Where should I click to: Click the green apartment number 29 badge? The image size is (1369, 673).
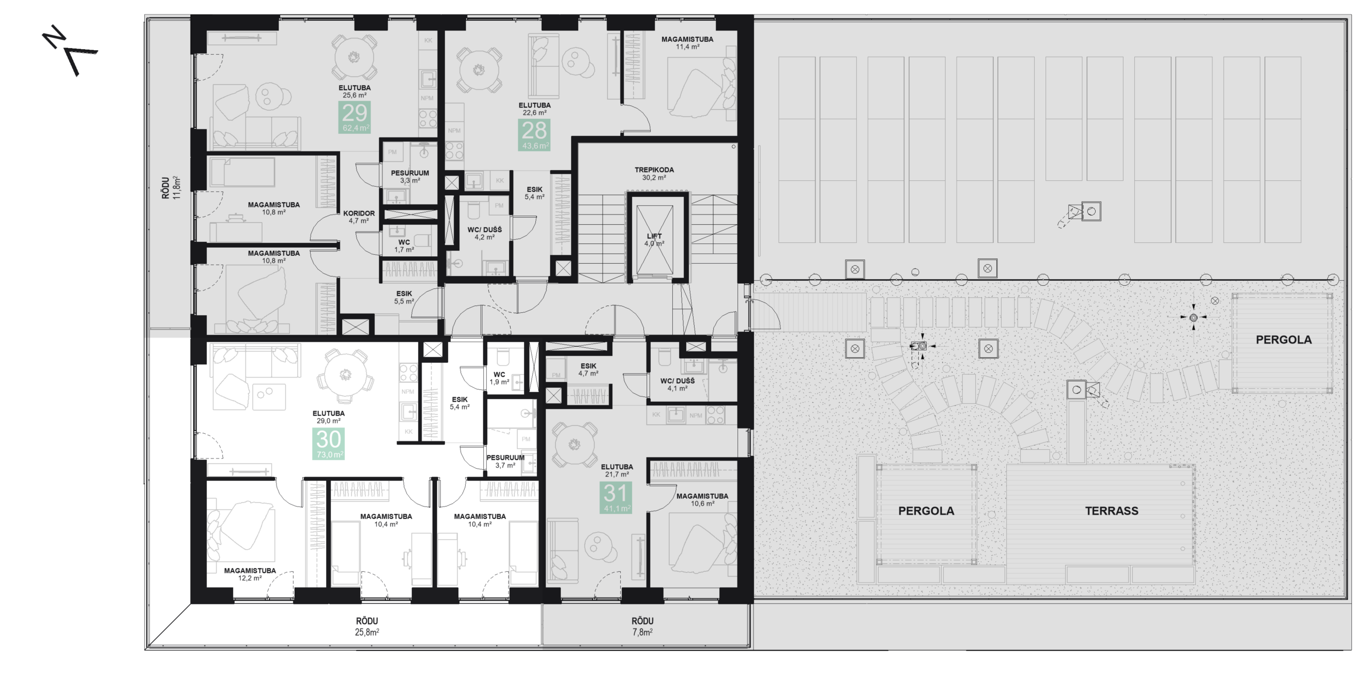point(355,118)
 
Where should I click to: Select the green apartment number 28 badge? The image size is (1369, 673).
point(534,135)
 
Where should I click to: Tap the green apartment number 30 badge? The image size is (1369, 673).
point(328,444)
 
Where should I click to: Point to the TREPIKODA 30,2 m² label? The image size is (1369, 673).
point(654,173)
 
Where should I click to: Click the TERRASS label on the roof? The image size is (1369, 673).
point(1111,511)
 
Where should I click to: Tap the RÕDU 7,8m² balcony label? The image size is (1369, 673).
point(642,626)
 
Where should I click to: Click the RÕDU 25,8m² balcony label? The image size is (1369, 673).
point(367,626)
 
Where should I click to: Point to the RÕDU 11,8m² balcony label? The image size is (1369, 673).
point(172,188)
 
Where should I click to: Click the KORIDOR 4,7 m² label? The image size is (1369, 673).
point(359,217)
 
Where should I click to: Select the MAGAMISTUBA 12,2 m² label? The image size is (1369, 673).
point(250,574)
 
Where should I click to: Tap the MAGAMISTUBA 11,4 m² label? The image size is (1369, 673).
point(687,43)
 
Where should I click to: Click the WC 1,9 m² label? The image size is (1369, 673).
point(499,378)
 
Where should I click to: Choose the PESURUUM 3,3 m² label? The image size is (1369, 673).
point(410,177)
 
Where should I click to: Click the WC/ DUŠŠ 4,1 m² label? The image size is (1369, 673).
point(677,385)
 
